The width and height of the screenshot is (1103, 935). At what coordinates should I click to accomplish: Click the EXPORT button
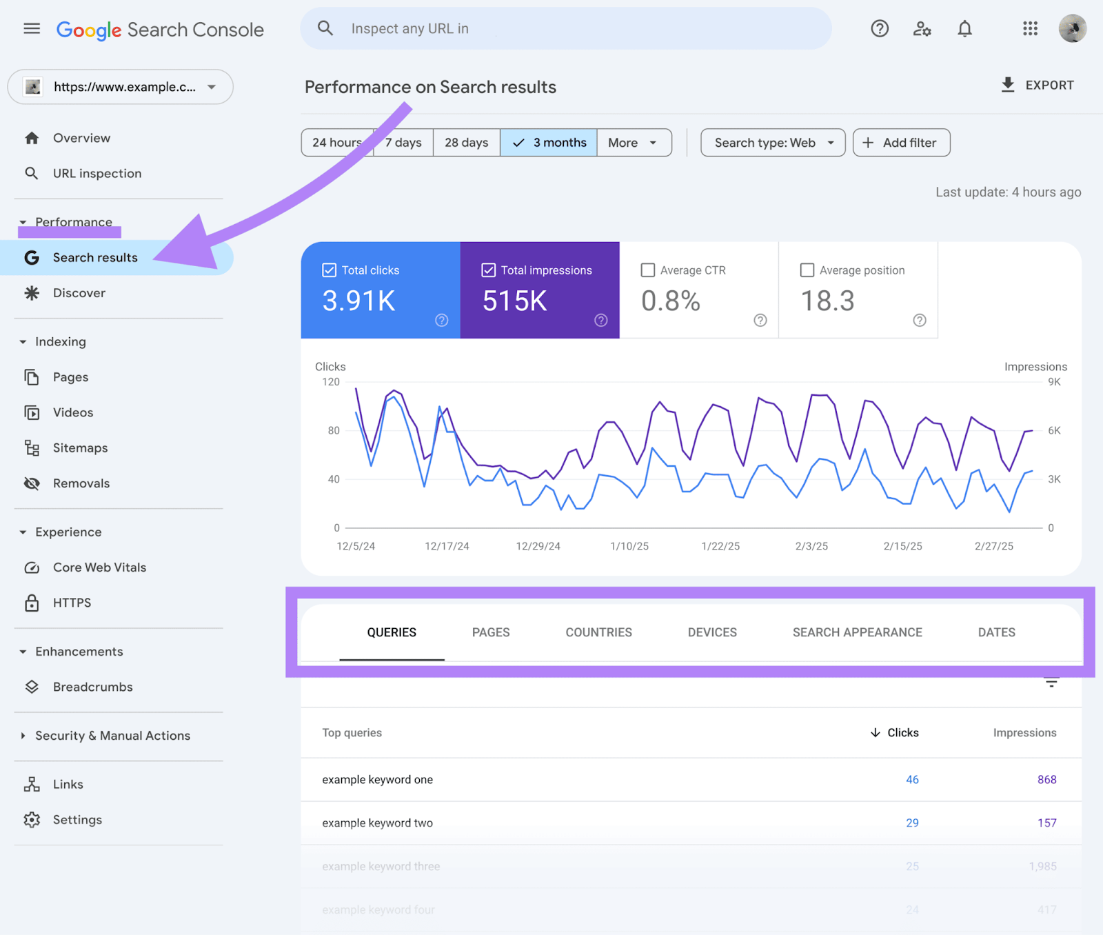(1037, 86)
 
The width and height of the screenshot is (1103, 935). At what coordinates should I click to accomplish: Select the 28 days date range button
(466, 143)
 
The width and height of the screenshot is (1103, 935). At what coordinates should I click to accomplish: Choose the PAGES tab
(491, 632)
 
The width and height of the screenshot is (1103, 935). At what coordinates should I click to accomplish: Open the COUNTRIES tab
(598, 632)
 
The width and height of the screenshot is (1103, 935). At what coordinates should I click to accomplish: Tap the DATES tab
(996, 632)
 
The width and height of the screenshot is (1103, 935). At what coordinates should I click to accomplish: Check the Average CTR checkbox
(648, 270)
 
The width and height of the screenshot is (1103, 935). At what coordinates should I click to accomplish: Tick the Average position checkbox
(807, 270)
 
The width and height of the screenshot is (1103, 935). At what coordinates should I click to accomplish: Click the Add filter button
(901, 143)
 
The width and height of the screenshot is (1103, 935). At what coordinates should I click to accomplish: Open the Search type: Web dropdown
(773, 143)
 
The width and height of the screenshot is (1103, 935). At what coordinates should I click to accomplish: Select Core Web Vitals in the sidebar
(99, 567)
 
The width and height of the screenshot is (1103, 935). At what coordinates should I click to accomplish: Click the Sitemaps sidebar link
(80, 448)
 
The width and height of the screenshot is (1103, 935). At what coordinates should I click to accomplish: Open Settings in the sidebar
(77, 820)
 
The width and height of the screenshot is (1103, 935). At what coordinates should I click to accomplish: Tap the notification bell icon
(964, 29)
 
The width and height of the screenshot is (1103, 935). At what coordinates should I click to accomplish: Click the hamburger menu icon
(32, 29)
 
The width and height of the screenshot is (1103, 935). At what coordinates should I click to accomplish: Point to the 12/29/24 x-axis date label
(538, 546)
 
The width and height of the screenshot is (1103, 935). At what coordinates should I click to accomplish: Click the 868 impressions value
(1046, 780)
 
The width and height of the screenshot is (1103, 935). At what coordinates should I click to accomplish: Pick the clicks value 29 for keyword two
(912, 823)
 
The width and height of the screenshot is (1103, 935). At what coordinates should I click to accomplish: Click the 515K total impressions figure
(514, 301)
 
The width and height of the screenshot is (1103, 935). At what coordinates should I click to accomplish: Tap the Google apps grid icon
(1030, 29)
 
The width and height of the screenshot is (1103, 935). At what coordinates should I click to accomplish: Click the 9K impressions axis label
(1054, 382)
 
